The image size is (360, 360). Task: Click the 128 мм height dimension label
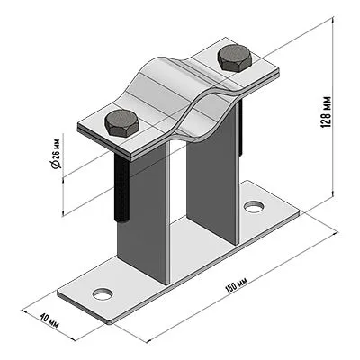click(x=327, y=112)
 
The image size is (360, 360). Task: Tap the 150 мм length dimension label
click(x=236, y=285)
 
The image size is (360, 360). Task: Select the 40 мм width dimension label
click(x=49, y=321)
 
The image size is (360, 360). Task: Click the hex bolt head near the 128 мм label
click(x=234, y=58)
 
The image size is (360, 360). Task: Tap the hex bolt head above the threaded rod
click(x=121, y=123)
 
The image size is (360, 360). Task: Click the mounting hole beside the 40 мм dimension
click(x=103, y=293)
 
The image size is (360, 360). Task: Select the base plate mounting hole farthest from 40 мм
click(x=254, y=207)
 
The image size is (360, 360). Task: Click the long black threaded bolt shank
click(x=121, y=187)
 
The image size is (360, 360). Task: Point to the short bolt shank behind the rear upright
click(x=240, y=129)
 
